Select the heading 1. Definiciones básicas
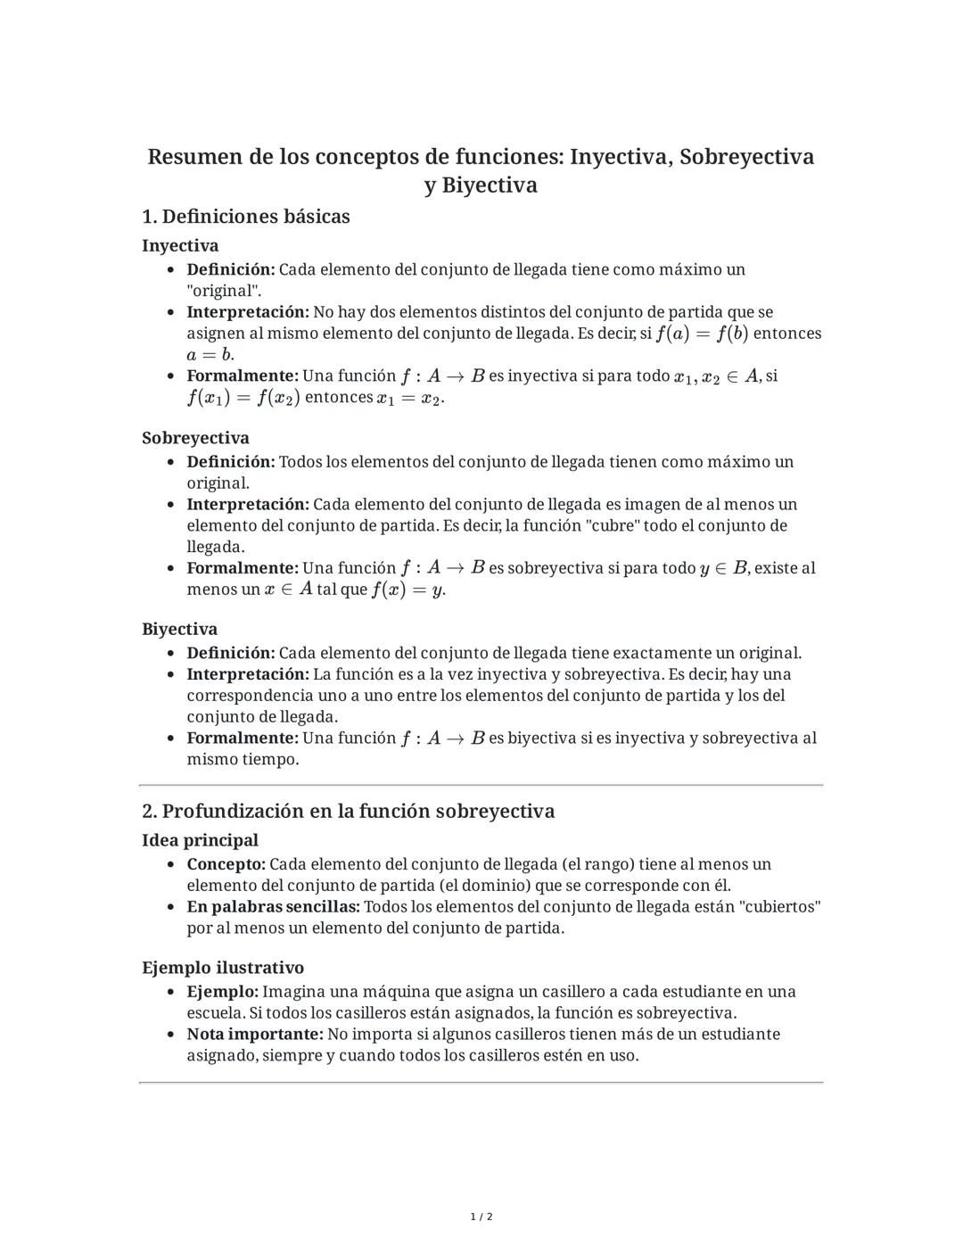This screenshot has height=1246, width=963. (x=246, y=217)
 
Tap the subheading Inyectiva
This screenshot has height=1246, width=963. (x=180, y=245)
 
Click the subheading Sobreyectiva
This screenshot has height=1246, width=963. (x=195, y=438)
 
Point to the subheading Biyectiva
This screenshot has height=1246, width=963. (x=179, y=629)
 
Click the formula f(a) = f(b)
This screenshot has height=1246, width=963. (x=702, y=334)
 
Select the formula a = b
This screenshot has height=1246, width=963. (x=210, y=355)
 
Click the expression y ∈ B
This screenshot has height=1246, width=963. (x=724, y=568)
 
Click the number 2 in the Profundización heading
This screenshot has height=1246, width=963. (x=148, y=812)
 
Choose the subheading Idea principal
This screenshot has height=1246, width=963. (x=200, y=840)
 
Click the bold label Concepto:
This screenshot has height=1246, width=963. (x=226, y=864)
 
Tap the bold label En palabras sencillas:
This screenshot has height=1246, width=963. (x=273, y=907)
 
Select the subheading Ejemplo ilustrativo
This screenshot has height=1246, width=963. (x=223, y=968)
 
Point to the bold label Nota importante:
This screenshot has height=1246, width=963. (x=254, y=1035)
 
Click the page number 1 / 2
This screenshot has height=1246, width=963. (x=481, y=1217)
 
